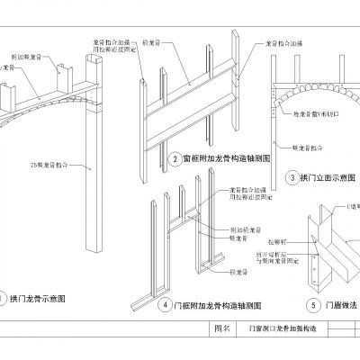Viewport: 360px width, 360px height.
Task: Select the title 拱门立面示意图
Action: (x=325, y=178)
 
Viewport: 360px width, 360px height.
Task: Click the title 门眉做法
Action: (x=338, y=305)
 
